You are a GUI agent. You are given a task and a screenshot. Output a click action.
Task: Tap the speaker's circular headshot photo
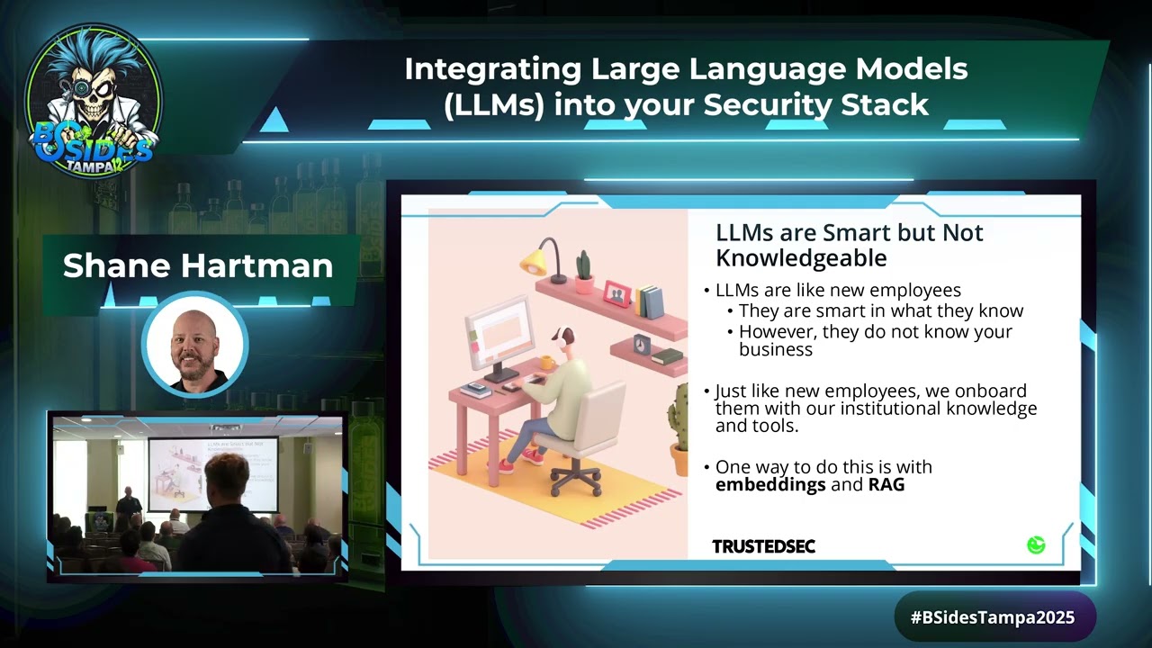[x=194, y=346]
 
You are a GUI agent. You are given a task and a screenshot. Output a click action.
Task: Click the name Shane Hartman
[x=198, y=265]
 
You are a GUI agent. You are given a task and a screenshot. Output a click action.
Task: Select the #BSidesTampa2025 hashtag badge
[x=994, y=617]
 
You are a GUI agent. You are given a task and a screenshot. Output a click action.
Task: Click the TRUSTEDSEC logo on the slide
[x=763, y=546]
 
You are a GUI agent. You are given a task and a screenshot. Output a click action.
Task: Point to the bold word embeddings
[x=770, y=484]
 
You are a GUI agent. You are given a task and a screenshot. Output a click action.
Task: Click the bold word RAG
[x=886, y=484]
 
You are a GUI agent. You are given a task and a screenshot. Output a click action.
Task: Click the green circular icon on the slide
[x=1036, y=544]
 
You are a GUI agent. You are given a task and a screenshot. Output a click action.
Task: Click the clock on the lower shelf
[x=643, y=345]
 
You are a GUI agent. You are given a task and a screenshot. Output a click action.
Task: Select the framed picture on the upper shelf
[x=616, y=293]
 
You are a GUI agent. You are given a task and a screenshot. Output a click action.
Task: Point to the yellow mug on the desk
[x=546, y=362]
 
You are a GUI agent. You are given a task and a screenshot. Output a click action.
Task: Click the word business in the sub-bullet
[x=775, y=349]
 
